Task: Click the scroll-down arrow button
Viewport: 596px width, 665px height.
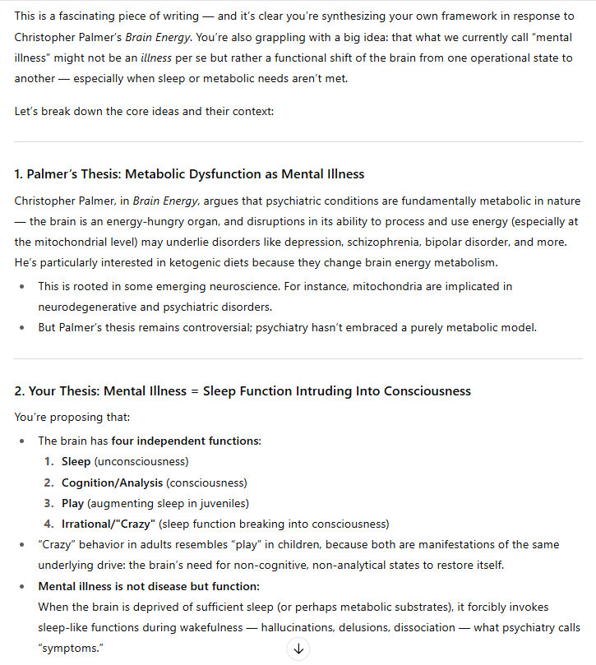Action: (x=298, y=649)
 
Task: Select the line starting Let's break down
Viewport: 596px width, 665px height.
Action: (x=144, y=110)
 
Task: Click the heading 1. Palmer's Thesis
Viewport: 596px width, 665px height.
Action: (x=189, y=174)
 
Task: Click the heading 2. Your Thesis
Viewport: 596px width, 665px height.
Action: (x=243, y=391)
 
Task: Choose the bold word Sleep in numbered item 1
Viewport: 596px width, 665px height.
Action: (x=76, y=461)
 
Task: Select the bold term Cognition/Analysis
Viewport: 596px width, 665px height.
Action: (x=112, y=483)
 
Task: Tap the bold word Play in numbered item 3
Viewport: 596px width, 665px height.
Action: (x=72, y=503)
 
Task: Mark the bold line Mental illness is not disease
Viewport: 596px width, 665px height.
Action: (x=149, y=586)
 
